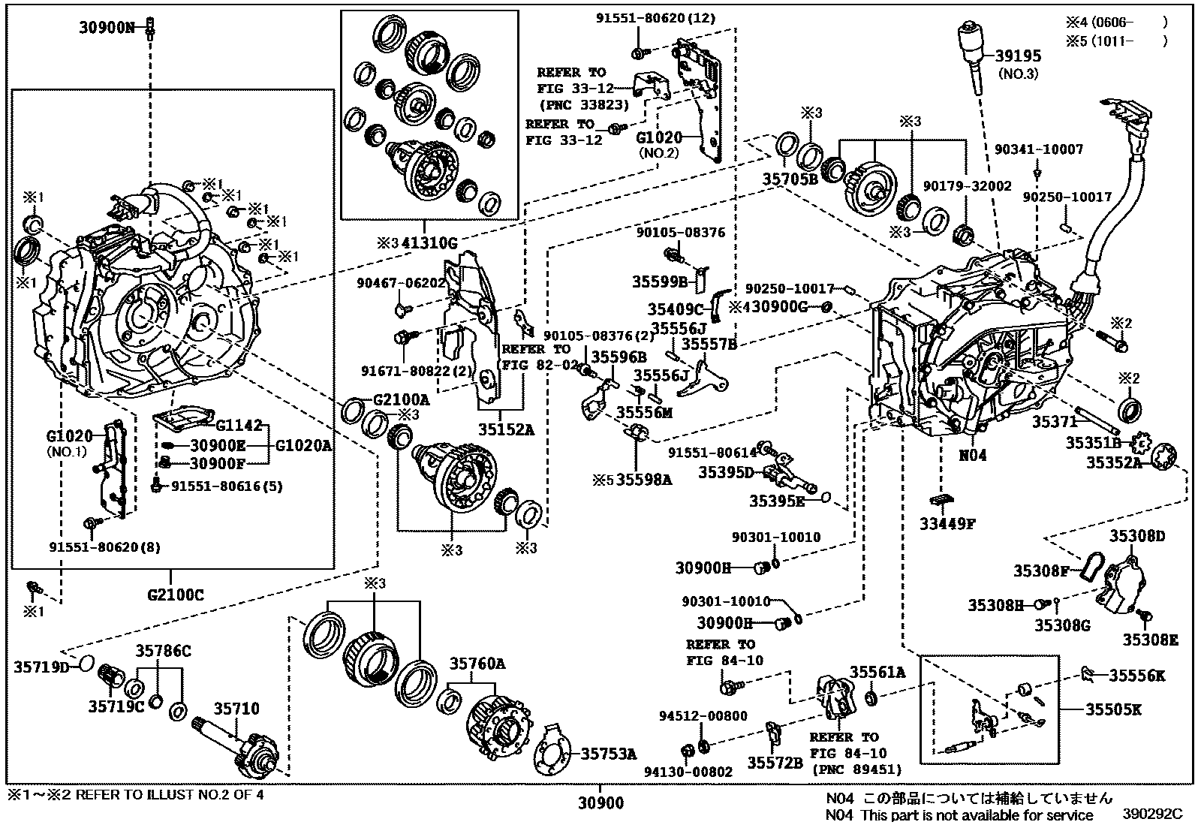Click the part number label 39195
(1018, 56)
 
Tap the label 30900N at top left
(107, 29)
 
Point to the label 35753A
(609, 754)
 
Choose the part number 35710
(236, 708)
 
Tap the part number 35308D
(1137, 535)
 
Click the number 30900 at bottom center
(601, 804)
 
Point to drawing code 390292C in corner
(1152, 814)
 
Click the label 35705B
(790, 179)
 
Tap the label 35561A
(877, 673)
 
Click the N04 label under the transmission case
(973, 455)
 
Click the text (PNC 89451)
(856, 769)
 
